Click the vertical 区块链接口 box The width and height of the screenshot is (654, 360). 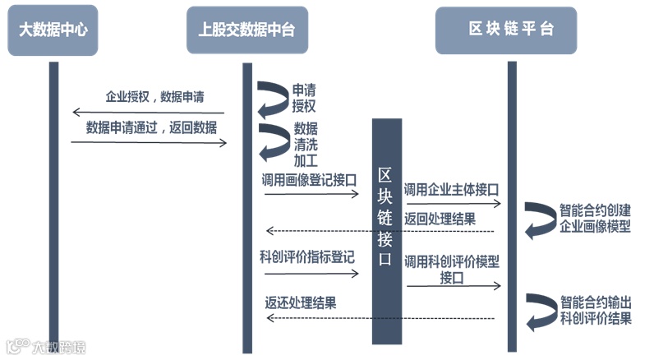386,230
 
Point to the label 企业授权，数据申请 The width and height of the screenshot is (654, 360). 154,97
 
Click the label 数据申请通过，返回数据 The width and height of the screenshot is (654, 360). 152,127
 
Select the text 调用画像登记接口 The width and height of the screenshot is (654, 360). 308,180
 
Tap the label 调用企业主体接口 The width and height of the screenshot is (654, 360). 452,190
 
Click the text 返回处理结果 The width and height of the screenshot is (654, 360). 440,219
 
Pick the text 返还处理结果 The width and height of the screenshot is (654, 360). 300,302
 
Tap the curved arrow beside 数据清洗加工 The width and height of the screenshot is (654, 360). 271,142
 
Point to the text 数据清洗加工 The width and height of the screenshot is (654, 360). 306,144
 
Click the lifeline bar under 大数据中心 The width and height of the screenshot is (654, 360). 54,205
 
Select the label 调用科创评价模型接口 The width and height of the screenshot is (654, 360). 452,270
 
